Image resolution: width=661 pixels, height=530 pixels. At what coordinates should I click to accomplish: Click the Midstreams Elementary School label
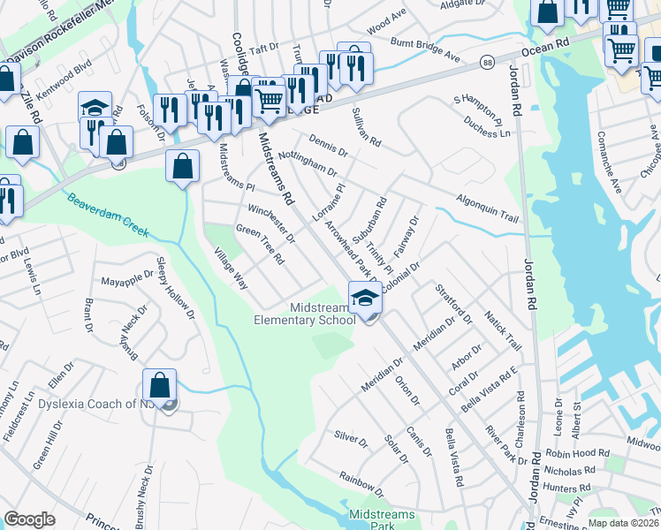point(304,314)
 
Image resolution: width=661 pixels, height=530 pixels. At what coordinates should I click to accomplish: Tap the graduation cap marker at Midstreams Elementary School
point(364,298)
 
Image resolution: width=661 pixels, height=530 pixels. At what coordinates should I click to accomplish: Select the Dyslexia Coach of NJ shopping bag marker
point(159,385)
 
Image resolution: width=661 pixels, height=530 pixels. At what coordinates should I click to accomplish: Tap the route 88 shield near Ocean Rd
point(488,62)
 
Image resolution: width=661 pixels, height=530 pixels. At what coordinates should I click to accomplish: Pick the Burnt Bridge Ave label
point(427,49)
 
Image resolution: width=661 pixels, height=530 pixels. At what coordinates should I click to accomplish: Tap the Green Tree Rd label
point(259,245)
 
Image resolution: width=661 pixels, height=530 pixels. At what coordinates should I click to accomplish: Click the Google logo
point(29,519)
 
